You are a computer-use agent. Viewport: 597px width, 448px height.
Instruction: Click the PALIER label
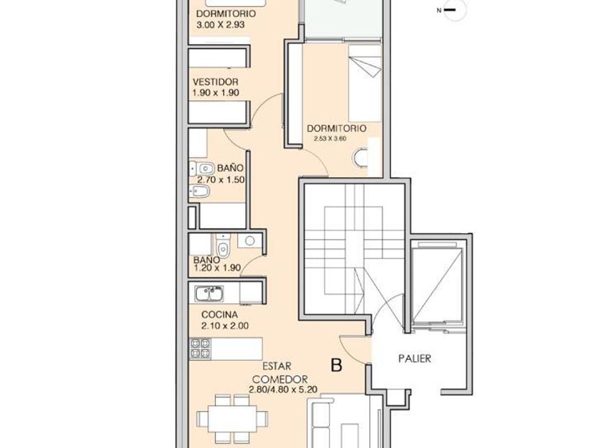coord(414,358)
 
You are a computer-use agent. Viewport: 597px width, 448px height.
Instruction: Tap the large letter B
coord(337,366)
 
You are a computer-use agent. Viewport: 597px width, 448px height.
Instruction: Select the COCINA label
coord(220,314)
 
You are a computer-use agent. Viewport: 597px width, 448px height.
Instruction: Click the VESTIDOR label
coord(215,82)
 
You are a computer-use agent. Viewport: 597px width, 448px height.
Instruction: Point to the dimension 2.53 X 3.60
coord(330,139)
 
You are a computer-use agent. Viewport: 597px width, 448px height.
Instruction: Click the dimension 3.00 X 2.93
coord(220,25)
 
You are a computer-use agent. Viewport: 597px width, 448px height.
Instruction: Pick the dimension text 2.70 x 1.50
coord(221,180)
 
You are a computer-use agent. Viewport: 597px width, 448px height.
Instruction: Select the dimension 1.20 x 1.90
coord(217,268)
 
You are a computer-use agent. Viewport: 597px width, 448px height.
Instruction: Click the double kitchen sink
coord(209,293)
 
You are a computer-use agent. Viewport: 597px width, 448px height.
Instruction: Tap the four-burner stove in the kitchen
coord(200,348)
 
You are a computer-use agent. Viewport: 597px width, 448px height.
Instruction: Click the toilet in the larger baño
coord(202,168)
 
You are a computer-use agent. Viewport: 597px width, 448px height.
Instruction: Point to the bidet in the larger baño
coord(200,191)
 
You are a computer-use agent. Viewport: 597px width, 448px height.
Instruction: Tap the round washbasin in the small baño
coord(249,240)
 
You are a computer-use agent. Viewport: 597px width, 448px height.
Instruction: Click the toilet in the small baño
coord(222,246)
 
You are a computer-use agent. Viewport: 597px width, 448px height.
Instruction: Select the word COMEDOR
coord(280,380)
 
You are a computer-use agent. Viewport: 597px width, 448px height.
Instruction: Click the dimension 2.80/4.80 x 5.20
coord(284,390)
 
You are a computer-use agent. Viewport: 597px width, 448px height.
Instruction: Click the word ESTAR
coord(276,366)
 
